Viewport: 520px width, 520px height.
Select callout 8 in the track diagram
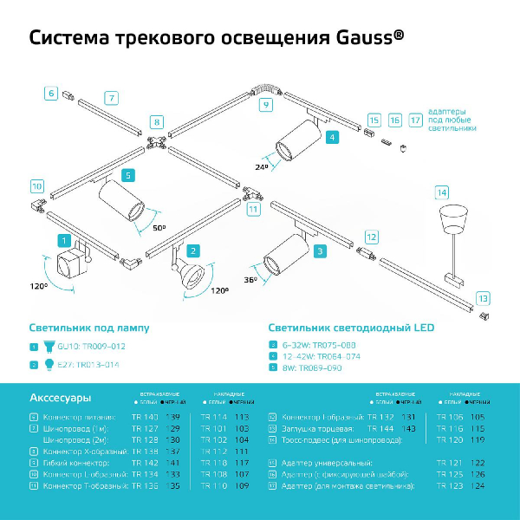156,122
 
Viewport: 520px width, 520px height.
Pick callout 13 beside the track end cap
483,297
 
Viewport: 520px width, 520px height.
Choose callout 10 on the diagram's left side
36,185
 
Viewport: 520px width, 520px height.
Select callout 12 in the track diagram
371,236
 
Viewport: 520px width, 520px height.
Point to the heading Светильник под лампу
88,328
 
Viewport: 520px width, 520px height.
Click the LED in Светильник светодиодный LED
421,328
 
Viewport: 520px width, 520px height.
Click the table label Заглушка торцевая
318,428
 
